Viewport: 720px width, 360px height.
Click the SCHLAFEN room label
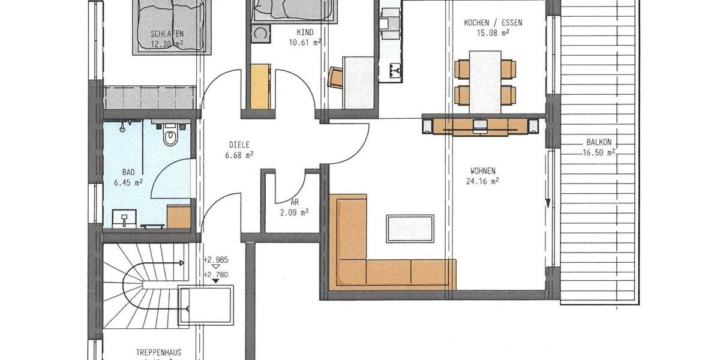tap(167, 34)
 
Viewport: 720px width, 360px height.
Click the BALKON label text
tap(599, 143)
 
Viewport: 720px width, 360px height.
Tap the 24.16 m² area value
tap(483, 180)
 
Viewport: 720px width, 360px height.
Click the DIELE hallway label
tap(239, 145)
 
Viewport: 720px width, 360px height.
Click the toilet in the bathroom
tap(171, 136)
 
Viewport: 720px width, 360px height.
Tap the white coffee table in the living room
tap(410, 227)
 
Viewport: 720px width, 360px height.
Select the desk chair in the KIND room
tap(335, 77)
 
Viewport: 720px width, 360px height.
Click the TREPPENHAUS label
tap(158, 353)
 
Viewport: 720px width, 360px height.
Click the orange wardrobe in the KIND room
tap(260, 86)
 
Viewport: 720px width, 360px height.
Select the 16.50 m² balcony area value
tap(599, 153)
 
